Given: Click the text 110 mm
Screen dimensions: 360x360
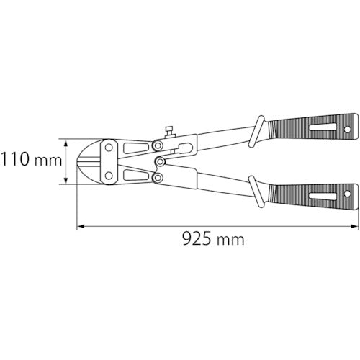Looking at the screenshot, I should pyautogui.click(x=32, y=160).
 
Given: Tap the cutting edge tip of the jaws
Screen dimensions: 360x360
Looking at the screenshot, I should pyautogui.click(x=81, y=161).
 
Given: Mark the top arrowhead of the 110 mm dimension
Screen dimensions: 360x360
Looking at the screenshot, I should pyautogui.click(x=69, y=140).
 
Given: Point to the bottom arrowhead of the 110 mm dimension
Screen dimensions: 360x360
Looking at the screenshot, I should pyautogui.click(x=69, y=181).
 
